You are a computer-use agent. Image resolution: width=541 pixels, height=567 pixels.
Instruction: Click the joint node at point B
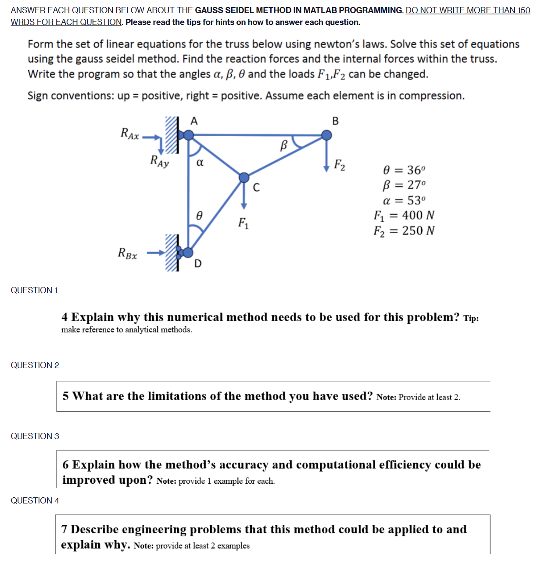click(326, 135)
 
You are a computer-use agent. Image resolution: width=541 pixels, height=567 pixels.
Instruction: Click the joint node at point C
click(244, 177)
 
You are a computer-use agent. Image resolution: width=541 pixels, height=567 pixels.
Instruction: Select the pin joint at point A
click(188, 135)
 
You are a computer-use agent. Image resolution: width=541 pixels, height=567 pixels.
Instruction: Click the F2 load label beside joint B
click(340, 165)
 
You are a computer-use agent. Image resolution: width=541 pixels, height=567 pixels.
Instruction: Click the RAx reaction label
click(129, 133)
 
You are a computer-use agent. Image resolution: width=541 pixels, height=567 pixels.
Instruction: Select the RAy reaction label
click(159, 161)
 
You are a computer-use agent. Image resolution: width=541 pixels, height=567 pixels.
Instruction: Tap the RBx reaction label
click(128, 253)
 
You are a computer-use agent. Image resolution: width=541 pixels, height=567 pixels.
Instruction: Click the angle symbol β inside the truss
click(283, 145)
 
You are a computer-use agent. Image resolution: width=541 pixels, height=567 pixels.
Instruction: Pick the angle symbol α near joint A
click(200, 163)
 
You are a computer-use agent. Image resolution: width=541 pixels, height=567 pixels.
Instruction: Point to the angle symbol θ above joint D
click(199, 216)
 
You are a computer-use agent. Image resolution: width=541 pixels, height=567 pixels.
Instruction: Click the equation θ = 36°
click(404, 170)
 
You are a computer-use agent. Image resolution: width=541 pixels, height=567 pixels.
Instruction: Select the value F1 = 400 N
click(404, 215)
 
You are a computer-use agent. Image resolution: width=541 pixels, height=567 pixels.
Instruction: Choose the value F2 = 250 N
click(404, 230)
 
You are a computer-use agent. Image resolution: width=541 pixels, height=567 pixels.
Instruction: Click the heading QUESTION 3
click(35, 436)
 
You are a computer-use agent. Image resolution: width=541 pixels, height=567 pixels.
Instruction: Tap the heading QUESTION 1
click(34, 290)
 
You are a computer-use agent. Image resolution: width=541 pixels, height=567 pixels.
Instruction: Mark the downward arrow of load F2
click(326, 158)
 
